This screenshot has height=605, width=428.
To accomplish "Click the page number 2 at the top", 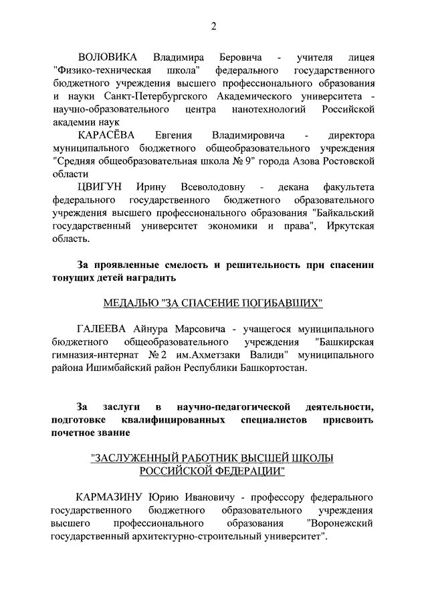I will click(213, 26).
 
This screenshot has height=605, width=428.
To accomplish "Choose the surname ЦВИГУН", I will click(98, 187).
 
